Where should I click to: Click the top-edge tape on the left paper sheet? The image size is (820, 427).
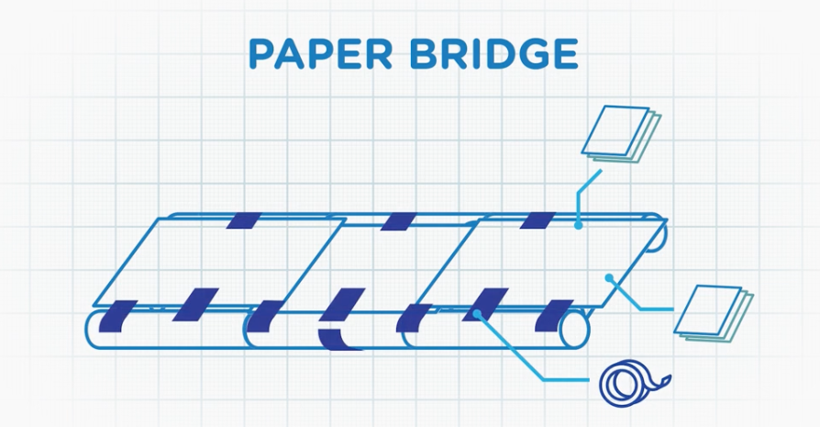(x=244, y=220)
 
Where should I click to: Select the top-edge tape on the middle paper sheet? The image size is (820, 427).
(x=398, y=221)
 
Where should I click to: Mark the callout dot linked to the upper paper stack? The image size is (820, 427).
(x=577, y=223)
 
